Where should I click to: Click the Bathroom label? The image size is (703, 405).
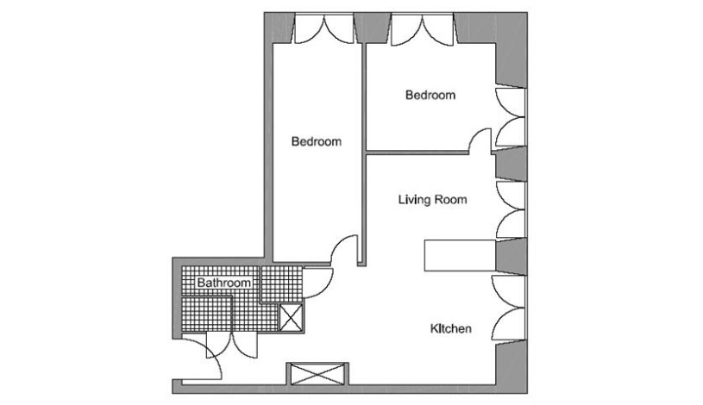pos(223,283)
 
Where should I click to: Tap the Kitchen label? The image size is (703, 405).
pos(450,329)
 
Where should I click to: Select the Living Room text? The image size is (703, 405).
pos(433,199)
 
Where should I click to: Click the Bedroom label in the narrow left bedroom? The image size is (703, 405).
pos(317,141)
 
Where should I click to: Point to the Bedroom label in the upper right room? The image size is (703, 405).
pos(430,95)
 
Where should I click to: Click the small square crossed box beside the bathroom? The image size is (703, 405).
pos(291,317)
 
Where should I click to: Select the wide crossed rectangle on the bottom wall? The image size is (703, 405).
pos(317,374)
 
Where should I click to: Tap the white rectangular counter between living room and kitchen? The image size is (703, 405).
pos(460,255)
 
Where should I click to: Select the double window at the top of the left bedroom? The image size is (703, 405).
pos(323,29)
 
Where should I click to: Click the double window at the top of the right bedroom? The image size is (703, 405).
pos(423,29)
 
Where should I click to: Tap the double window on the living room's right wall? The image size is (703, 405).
pos(510,209)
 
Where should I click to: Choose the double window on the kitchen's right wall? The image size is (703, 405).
pos(509,308)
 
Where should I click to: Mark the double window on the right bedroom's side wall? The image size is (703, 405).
pos(510,117)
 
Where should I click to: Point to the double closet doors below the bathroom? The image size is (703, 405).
pos(232,346)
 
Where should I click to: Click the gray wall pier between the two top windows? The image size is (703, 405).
pos(372,28)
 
